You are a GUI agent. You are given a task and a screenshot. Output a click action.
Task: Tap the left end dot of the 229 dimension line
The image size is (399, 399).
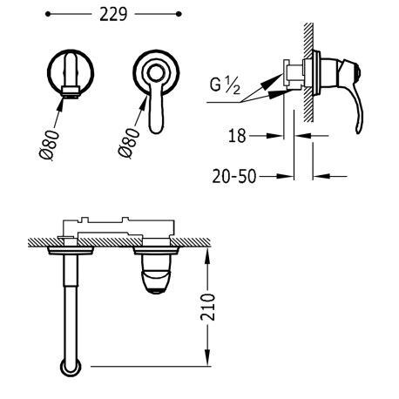[44, 16]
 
